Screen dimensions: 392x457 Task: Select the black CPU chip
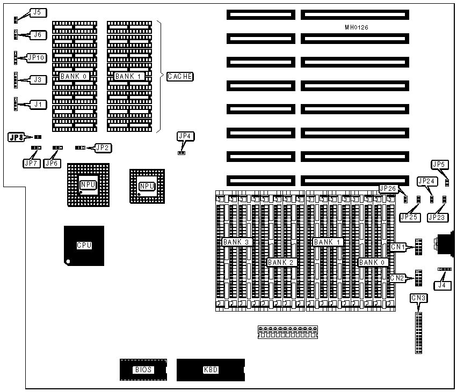(84, 246)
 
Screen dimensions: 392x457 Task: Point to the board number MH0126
(357, 27)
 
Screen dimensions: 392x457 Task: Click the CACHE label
(180, 77)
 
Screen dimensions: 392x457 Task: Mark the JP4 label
(184, 136)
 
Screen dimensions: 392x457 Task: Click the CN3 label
(418, 298)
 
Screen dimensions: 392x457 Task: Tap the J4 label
(442, 285)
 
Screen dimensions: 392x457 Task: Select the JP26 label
(388, 188)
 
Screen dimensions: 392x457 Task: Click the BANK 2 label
(281, 262)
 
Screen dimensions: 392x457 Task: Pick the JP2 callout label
(103, 147)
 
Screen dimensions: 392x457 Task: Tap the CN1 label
(398, 247)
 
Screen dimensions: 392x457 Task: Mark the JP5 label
(439, 164)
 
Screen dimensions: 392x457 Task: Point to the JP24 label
(426, 181)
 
